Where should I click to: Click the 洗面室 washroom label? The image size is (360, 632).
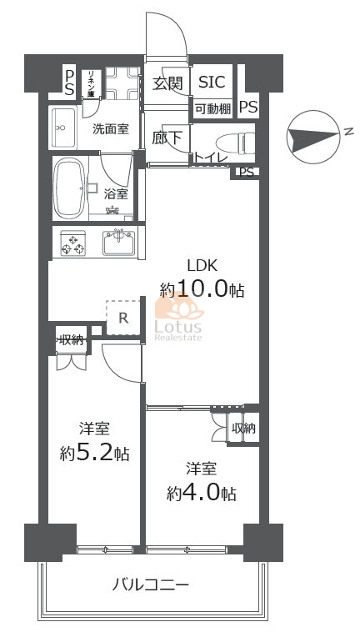pos(110,129)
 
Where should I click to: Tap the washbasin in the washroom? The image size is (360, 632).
pos(63,128)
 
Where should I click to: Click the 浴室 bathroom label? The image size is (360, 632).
pos(116,193)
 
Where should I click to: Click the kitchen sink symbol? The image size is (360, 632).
pos(119,243)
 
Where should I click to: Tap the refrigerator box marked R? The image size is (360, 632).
pos(122,317)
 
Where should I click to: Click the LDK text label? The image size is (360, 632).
pos(202,266)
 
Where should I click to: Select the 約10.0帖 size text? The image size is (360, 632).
pos(202,290)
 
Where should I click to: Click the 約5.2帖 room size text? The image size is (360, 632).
pos(93,454)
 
